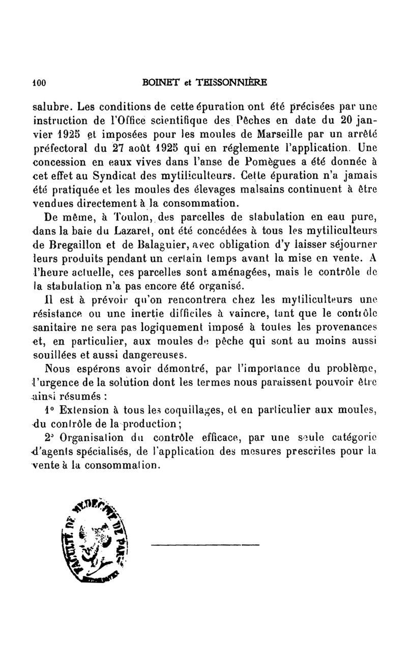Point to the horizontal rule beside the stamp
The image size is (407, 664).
(x=205, y=545)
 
